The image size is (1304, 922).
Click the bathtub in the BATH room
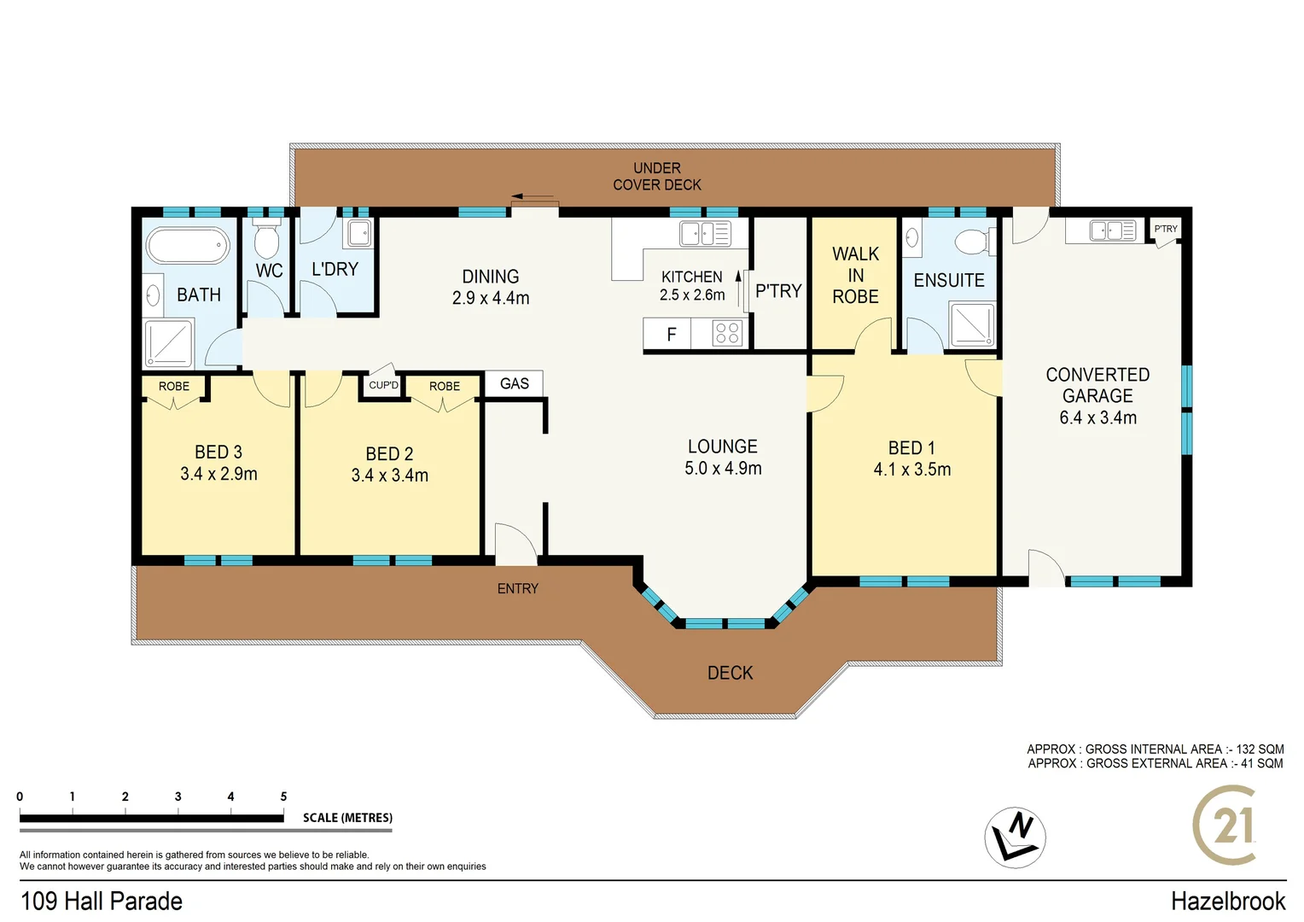(x=189, y=246)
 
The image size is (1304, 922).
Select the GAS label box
(x=514, y=383)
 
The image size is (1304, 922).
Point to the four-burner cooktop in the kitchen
(x=727, y=333)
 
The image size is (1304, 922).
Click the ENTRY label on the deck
(x=517, y=588)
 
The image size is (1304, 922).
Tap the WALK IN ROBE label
(x=855, y=275)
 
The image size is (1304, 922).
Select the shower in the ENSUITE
(x=972, y=324)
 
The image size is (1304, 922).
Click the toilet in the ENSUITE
(x=974, y=242)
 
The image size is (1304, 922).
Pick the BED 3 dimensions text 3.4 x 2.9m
(x=218, y=474)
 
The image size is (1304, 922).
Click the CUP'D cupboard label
(x=383, y=385)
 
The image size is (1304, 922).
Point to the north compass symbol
(x=1015, y=837)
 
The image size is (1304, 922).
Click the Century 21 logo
(x=1225, y=826)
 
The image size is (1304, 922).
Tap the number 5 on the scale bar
(x=283, y=797)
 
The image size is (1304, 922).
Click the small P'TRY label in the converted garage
(x=1165, y=229)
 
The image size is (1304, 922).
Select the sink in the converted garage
(x=1112, y=230)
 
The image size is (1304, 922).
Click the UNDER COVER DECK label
(x=656, y=176)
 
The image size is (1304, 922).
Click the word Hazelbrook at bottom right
(x=1227, y=901)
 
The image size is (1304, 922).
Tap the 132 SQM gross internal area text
(x=1260, y=749)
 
